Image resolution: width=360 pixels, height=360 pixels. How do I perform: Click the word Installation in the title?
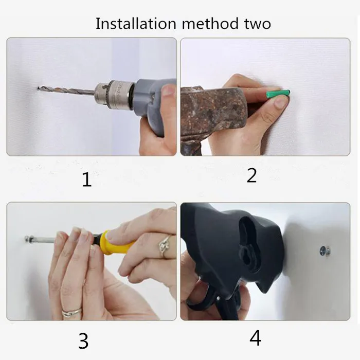click(136, 24)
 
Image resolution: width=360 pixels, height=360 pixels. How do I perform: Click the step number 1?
click(87, 179)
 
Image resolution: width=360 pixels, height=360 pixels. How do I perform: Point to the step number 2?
click(251, 176)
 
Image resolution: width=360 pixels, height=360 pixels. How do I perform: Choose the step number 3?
click(83, 341)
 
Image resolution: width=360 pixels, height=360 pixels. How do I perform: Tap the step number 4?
click(255, 338)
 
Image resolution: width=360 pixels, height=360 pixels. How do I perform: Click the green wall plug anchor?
click(278, 94)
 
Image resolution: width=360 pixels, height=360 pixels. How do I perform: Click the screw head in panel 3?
click(28, 239)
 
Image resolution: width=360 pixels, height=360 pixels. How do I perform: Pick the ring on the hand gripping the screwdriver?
click(165, 245)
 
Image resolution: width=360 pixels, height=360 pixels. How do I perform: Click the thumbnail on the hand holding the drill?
click(169, 90)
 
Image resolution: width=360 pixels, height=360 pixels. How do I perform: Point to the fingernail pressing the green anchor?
click(280, 102)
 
